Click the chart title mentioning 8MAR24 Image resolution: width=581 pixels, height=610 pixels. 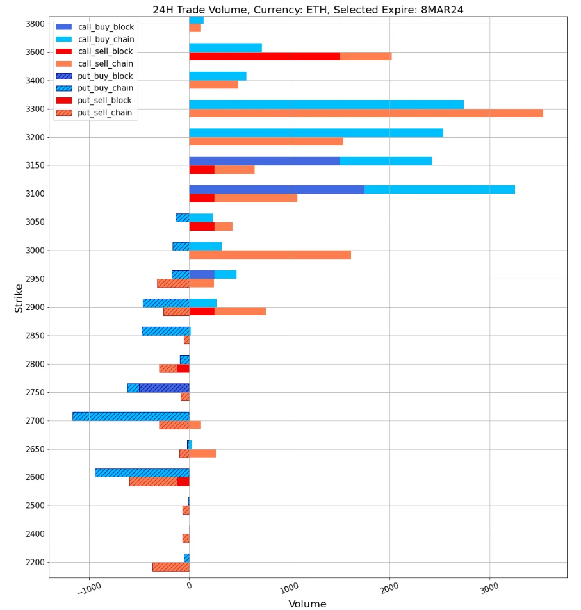point(307,10)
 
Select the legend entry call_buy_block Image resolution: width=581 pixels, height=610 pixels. point(110,27)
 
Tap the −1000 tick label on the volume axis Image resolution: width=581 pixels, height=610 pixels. point(88,588)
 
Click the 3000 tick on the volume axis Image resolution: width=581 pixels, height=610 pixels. point(489,588)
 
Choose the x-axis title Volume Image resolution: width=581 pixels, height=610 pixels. point(307,604)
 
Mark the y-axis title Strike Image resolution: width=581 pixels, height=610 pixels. point(19,298)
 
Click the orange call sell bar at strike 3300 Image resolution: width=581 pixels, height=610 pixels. point(366,113)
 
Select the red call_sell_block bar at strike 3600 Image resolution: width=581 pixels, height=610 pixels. point(264,56)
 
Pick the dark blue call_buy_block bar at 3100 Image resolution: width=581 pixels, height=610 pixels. point(277,189)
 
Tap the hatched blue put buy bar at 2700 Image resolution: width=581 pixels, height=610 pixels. point(131,416)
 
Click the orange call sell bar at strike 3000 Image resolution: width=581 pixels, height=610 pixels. point(270,255)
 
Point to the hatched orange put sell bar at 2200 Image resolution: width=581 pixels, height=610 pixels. point(170,566)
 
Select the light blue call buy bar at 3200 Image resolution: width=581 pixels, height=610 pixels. point(316,133)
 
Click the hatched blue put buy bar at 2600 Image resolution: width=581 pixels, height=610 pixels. point(142,472)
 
